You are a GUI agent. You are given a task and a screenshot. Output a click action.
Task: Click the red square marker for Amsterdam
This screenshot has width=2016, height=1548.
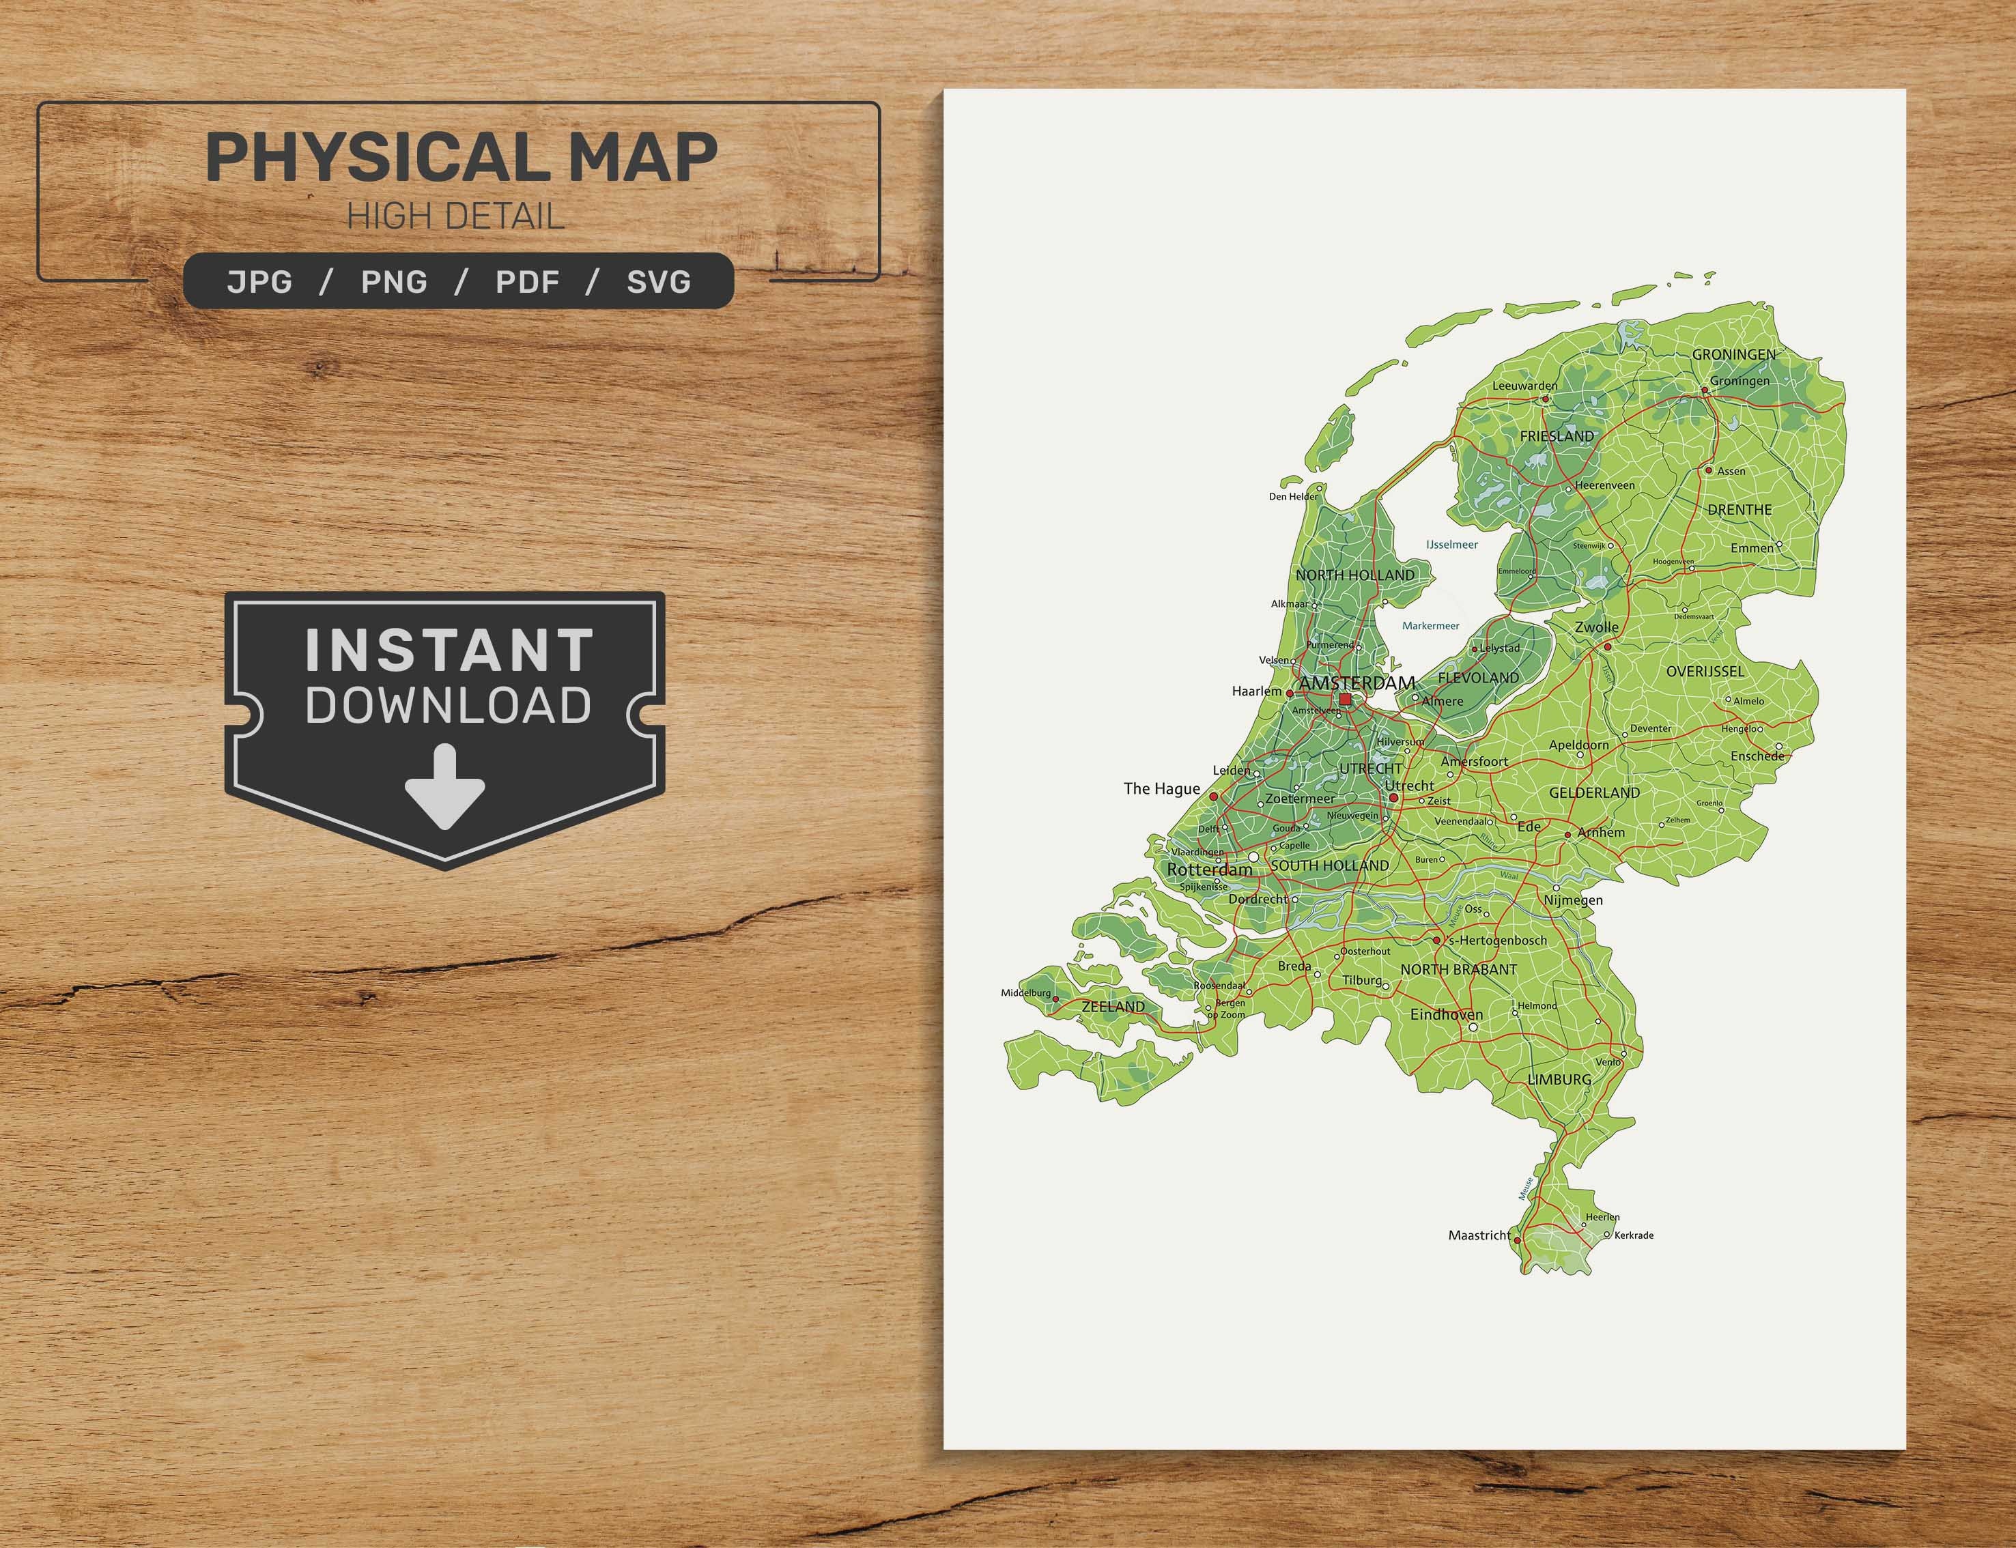[x=1345, y=700]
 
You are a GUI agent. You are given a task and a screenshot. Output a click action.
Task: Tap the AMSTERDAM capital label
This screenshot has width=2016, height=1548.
[x=1357, y=683]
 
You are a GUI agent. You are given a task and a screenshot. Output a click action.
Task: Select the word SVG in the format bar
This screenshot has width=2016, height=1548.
[x=659, y=282]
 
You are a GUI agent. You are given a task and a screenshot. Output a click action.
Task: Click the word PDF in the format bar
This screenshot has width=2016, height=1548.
[x=527, y=282]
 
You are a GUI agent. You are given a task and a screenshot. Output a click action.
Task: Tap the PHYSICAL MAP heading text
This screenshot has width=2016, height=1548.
[x=461, y=158]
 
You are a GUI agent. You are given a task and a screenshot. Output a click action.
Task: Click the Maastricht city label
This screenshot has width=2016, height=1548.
[x=1479, y=1235]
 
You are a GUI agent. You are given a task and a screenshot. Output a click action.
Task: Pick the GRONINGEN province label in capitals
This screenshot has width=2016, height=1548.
[x=1733, y=354]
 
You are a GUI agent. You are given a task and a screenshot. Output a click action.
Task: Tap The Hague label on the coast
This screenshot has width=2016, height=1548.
[x=1161, y=789]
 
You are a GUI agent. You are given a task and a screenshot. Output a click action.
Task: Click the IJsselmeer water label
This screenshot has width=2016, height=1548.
[x=1452, y=545]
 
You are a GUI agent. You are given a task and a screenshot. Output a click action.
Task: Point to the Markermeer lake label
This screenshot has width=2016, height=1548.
[x=1430, y=626]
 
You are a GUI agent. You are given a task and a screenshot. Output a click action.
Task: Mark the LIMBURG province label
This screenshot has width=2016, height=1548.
[x=1559, y=1079]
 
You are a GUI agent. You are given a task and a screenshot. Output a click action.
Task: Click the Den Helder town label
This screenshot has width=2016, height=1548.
[x=1294, y=497]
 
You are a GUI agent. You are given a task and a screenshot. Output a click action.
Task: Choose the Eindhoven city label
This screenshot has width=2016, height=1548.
[x=1447, y=1014]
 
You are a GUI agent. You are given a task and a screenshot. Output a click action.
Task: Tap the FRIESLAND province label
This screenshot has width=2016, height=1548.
[x=1557, y=436]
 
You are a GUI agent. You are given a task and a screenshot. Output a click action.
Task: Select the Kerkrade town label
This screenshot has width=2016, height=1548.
[x=1634, y=1235]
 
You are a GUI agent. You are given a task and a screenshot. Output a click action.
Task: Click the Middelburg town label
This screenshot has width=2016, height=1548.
[x=1025, y=993]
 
